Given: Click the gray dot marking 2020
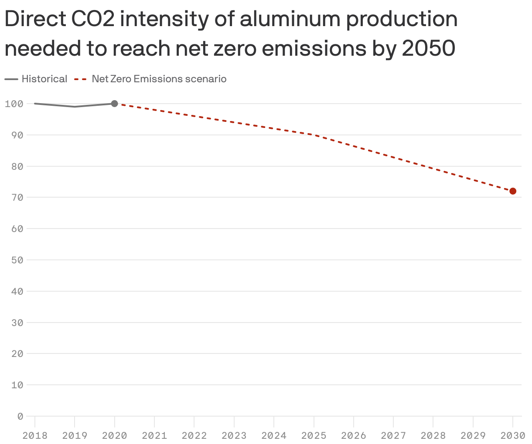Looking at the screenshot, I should [x=114, y=104].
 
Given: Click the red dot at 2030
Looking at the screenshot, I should [x=513, y=191].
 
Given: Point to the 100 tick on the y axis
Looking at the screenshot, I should [x=14, y=104].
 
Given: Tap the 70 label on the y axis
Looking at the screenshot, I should [x=17, y=197].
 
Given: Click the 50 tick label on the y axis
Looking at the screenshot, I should [x=17, y=260].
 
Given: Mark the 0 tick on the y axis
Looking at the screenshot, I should [x=20, y=416].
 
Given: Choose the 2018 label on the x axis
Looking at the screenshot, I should [x=35, y=435].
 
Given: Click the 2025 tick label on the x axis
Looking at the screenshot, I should [x=314, y=435].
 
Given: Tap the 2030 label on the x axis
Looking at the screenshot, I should [x=513, y=435].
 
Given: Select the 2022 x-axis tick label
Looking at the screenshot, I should [x=194, y=435].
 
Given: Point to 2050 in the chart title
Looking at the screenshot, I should [x=428, y=48].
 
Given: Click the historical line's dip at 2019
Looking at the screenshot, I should [x=75, y=107].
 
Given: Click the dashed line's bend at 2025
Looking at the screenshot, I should [x=314, y=135].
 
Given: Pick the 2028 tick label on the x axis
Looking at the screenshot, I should [x=433, y=435].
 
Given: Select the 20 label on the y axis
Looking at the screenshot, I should [x=17, y=353].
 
